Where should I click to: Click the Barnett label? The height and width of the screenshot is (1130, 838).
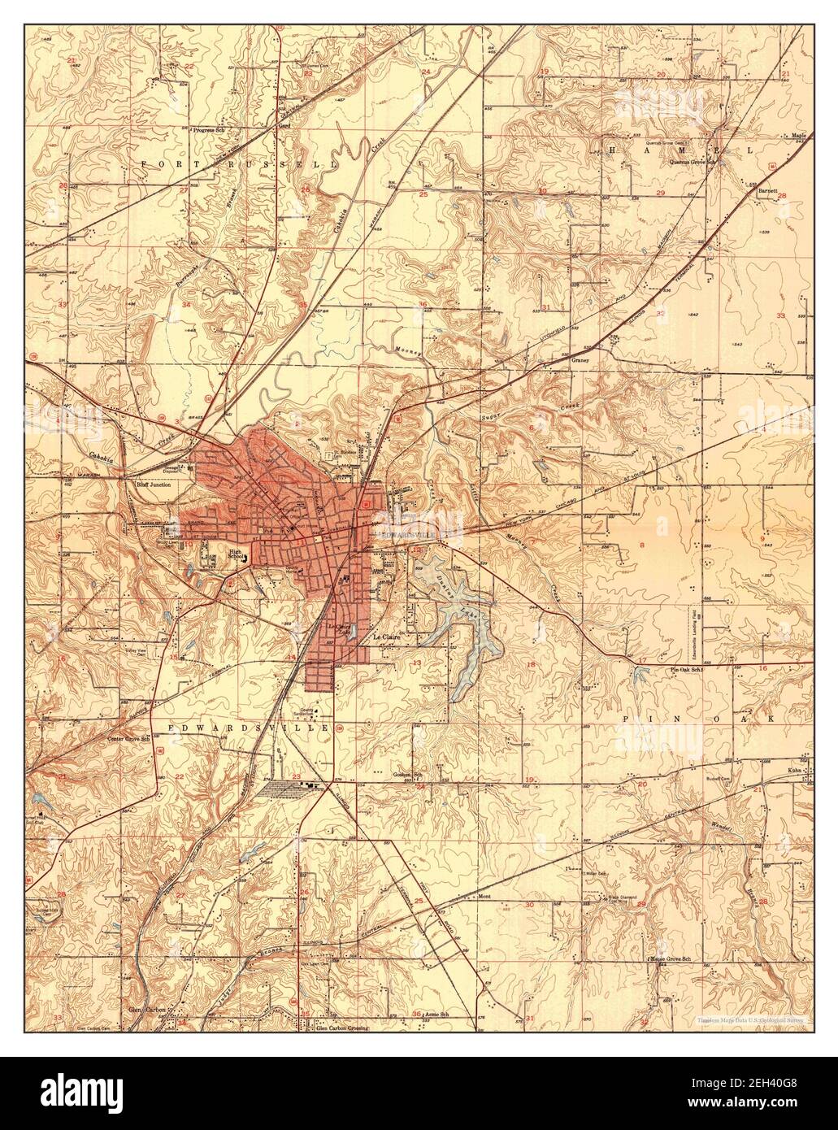point(767,192)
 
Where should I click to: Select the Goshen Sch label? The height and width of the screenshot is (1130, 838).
point(409,775)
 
